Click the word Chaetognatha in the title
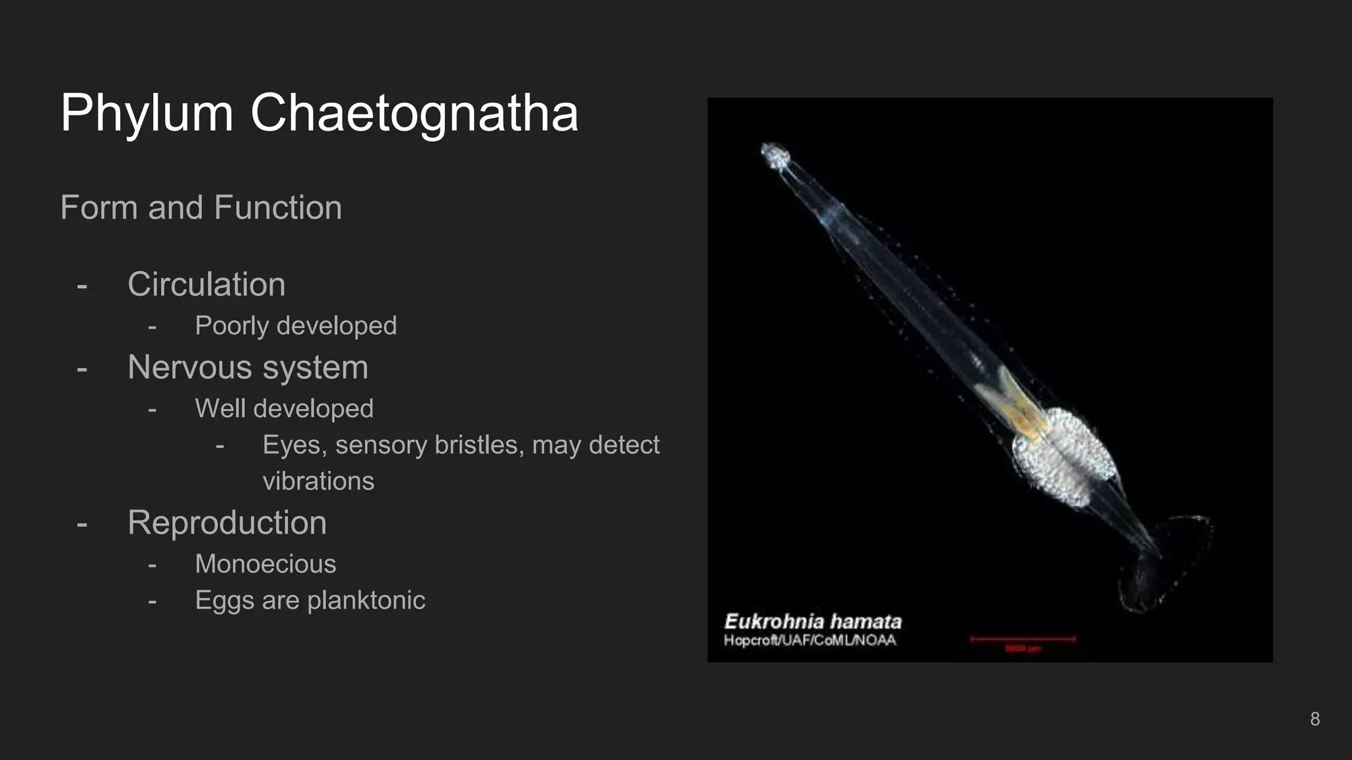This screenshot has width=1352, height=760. click(414, 113)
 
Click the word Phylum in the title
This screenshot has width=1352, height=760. click(147, 113)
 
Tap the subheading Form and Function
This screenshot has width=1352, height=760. click(201, 208)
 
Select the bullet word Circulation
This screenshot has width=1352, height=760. click(206, 284)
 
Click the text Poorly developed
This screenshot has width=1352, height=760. click(295, 326)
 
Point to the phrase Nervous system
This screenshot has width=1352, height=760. click(248, 367)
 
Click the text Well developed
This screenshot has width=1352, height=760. click(284, 409)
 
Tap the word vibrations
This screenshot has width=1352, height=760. click(318, 482)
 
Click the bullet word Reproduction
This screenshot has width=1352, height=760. click(226, 523)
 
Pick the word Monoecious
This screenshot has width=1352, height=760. click(265, 565)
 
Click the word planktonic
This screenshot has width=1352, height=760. click(366, 601)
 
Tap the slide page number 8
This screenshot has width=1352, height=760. click(1314, 719)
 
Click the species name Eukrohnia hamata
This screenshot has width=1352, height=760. click(813, 621)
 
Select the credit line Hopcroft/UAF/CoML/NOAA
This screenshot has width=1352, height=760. click(810, 641)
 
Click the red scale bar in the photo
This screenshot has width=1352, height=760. click(1022, 639)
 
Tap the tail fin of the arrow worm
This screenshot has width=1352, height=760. click(1165, 561)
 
